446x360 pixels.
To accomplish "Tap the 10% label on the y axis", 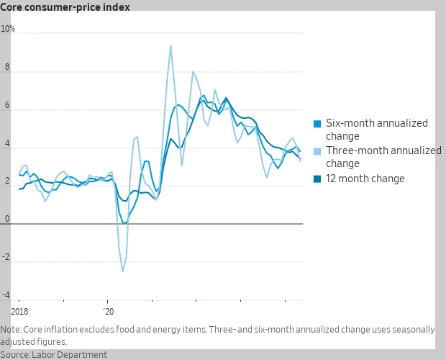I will (x=8, y=29).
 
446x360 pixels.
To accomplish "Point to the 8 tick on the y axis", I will (x=8, y=67).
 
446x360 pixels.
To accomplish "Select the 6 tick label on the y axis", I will (x=8, y=105).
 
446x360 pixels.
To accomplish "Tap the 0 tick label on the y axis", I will (x=8, y=219).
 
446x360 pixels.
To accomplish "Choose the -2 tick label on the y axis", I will (x=6, y=257).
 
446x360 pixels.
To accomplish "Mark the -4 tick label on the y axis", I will (x=6, y=295).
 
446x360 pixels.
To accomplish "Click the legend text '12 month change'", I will (x=365, y=179).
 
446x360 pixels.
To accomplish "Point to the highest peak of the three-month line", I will (x=170, y=46).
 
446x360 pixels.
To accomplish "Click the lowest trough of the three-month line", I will (x=122, y=271).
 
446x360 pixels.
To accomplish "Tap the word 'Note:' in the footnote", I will (x=12, y=329).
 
